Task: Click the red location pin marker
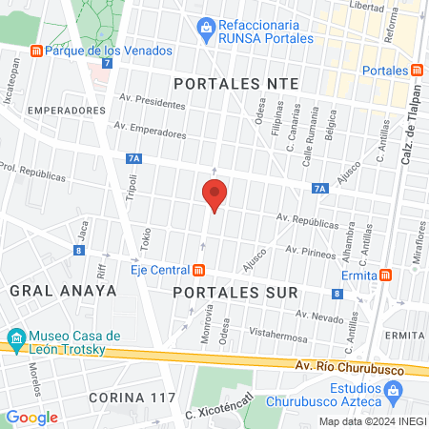point(214,196)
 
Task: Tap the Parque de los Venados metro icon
point(36,51)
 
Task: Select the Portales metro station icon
point(417,70)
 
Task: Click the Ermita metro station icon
point(384,275)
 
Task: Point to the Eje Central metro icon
point(201,270)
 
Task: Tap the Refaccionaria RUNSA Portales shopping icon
point(204,30)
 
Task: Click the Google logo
point(31,417)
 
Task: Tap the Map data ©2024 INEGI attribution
point(371,421)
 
